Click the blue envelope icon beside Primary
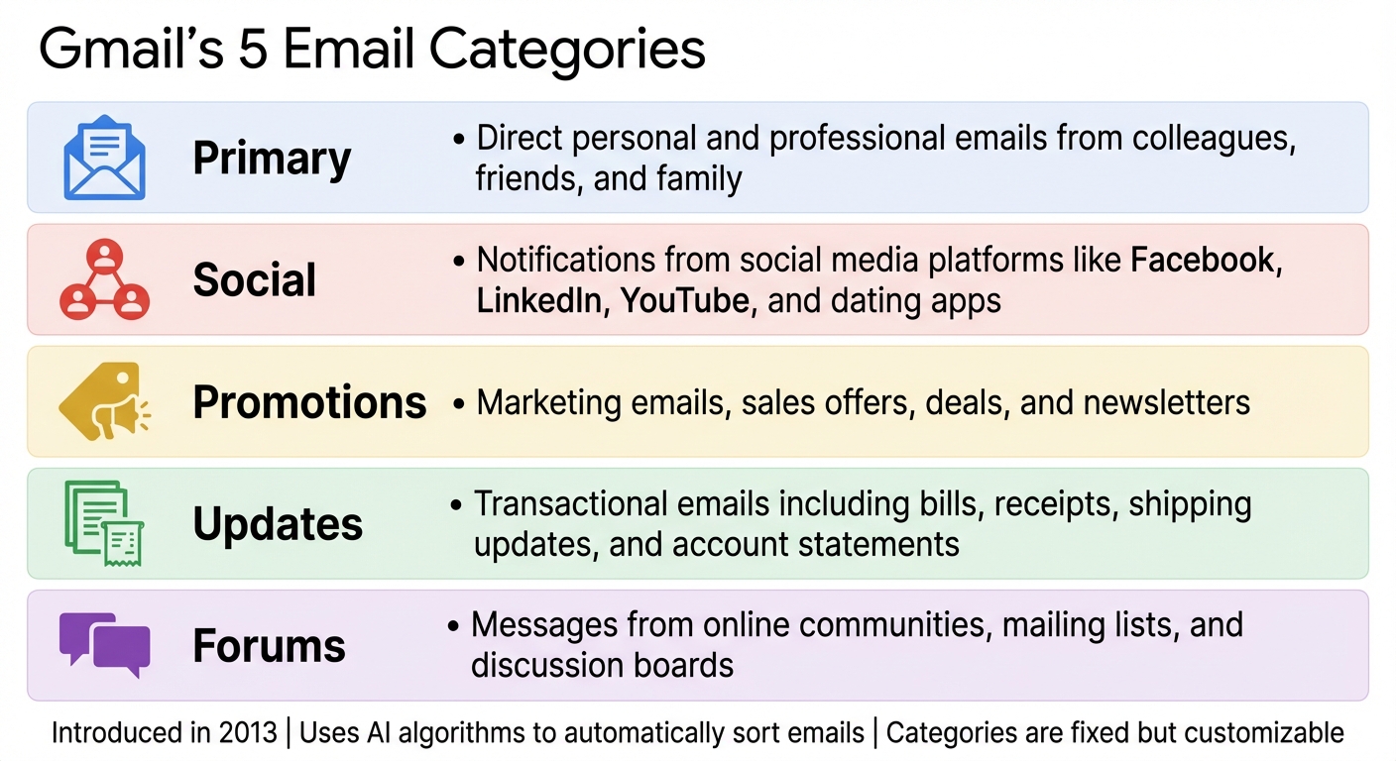pyautogui.click(x=104, y=158)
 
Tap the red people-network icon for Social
pyautogui.click(x=104, y=279)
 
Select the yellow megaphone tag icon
pyautogui.click(x=104, y=401)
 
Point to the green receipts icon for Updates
pyautogui.click(x=104, y=523)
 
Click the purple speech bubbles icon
pyautogui.click(x=104, y=644)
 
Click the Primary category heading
pyautogui.click(x=272, y=159)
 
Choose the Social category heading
pyautogui.click(x=254, y=280)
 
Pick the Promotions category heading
pyautogui.click(x=309, y=402)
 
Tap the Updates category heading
pyautogui.click(x=278, y=524)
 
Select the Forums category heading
pyautogui.click(x=269, y=646)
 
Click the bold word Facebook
pyautogui.click(x=1203, y=261)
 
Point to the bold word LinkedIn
pyautogui.click(x=539, y=300)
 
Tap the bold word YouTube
pyautogui.click(x=684, y=300)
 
